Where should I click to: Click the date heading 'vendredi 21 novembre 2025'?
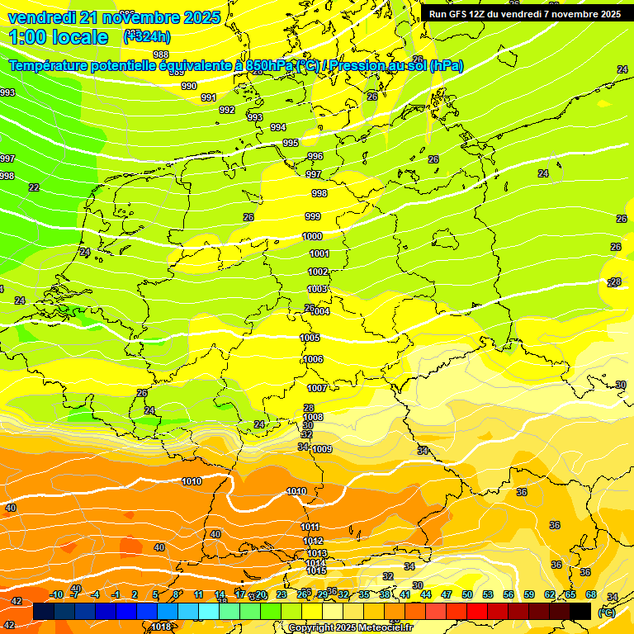pos(114,17)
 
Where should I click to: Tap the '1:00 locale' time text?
pos(59,37)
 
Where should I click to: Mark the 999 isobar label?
pos(313,216)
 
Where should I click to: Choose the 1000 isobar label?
pos(313,236)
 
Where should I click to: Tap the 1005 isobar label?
pos(310,338)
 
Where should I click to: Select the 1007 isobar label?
pos(317,388)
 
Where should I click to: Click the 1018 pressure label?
pos(162,627)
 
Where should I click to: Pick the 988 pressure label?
pos(161,55)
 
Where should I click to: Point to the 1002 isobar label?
pos(318,272)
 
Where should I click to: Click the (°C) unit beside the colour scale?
pos(607,613)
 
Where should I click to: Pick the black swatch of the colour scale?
pos(580,611)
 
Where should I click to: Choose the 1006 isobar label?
pos(313,359)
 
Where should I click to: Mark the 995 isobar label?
pos(291,143)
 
